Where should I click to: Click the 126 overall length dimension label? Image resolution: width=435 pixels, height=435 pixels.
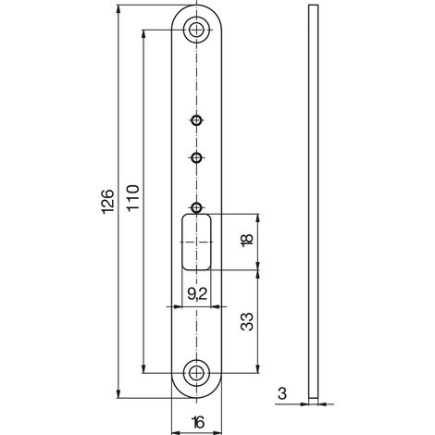[x=108, y=201]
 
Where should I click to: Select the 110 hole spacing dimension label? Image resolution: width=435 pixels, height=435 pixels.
[x=133, y=197]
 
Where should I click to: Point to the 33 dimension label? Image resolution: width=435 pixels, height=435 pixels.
[x=246, y=322]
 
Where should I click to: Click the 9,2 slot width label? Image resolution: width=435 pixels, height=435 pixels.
[x=197, y=294]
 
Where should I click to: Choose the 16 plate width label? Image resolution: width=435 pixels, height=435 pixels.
[x=198, y=422]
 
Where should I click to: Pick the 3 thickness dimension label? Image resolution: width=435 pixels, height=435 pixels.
[x=282, y=393]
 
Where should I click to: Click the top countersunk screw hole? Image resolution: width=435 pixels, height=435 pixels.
[x=196, y=30]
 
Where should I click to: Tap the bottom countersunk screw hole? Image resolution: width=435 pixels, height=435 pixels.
[x=196, y=373]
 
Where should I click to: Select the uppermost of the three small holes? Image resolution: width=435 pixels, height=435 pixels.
[x=196, y=120]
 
